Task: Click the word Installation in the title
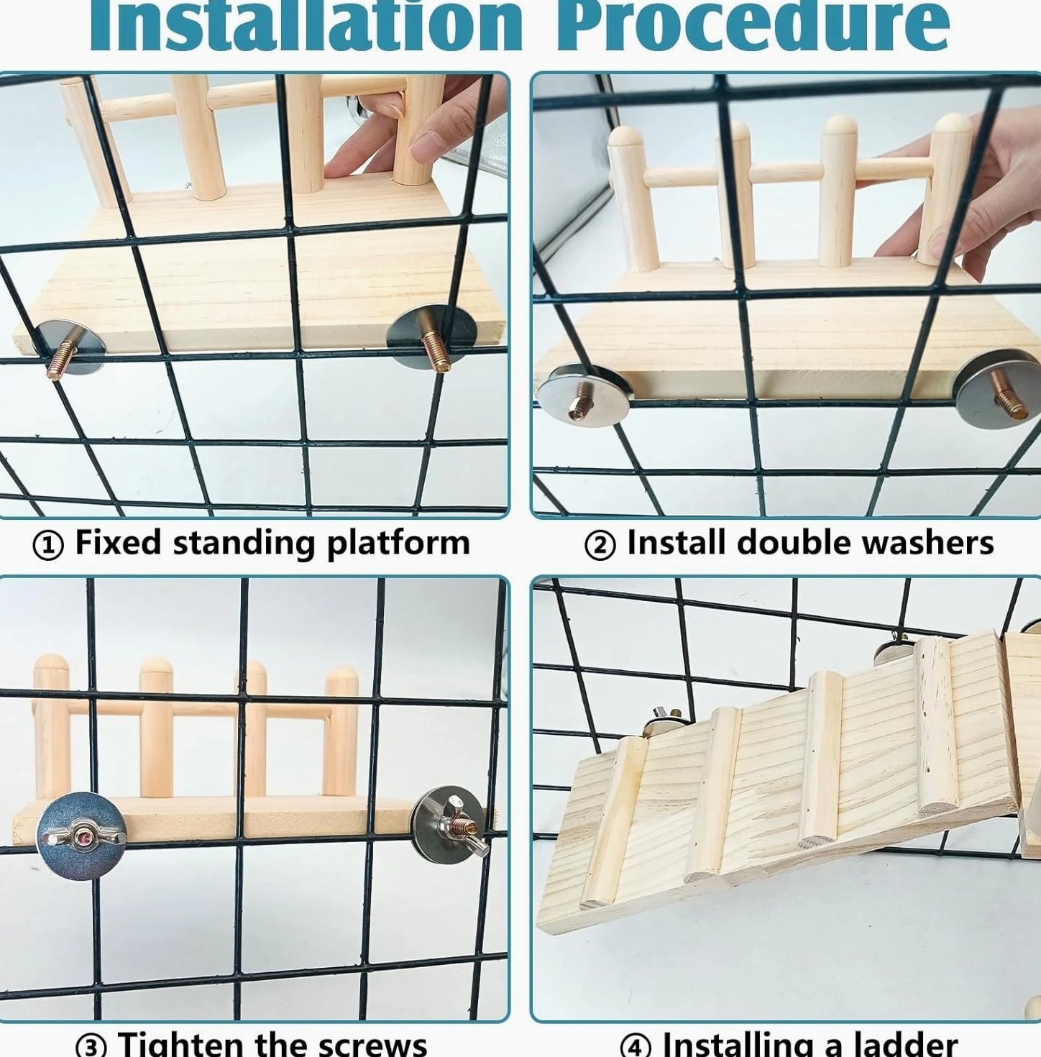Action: click(x=306, y=25)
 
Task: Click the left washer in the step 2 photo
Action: click(x=583, y=395)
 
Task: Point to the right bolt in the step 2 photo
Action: click(x=1008, y=394)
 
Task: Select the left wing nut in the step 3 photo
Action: click(x=82, y=836)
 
